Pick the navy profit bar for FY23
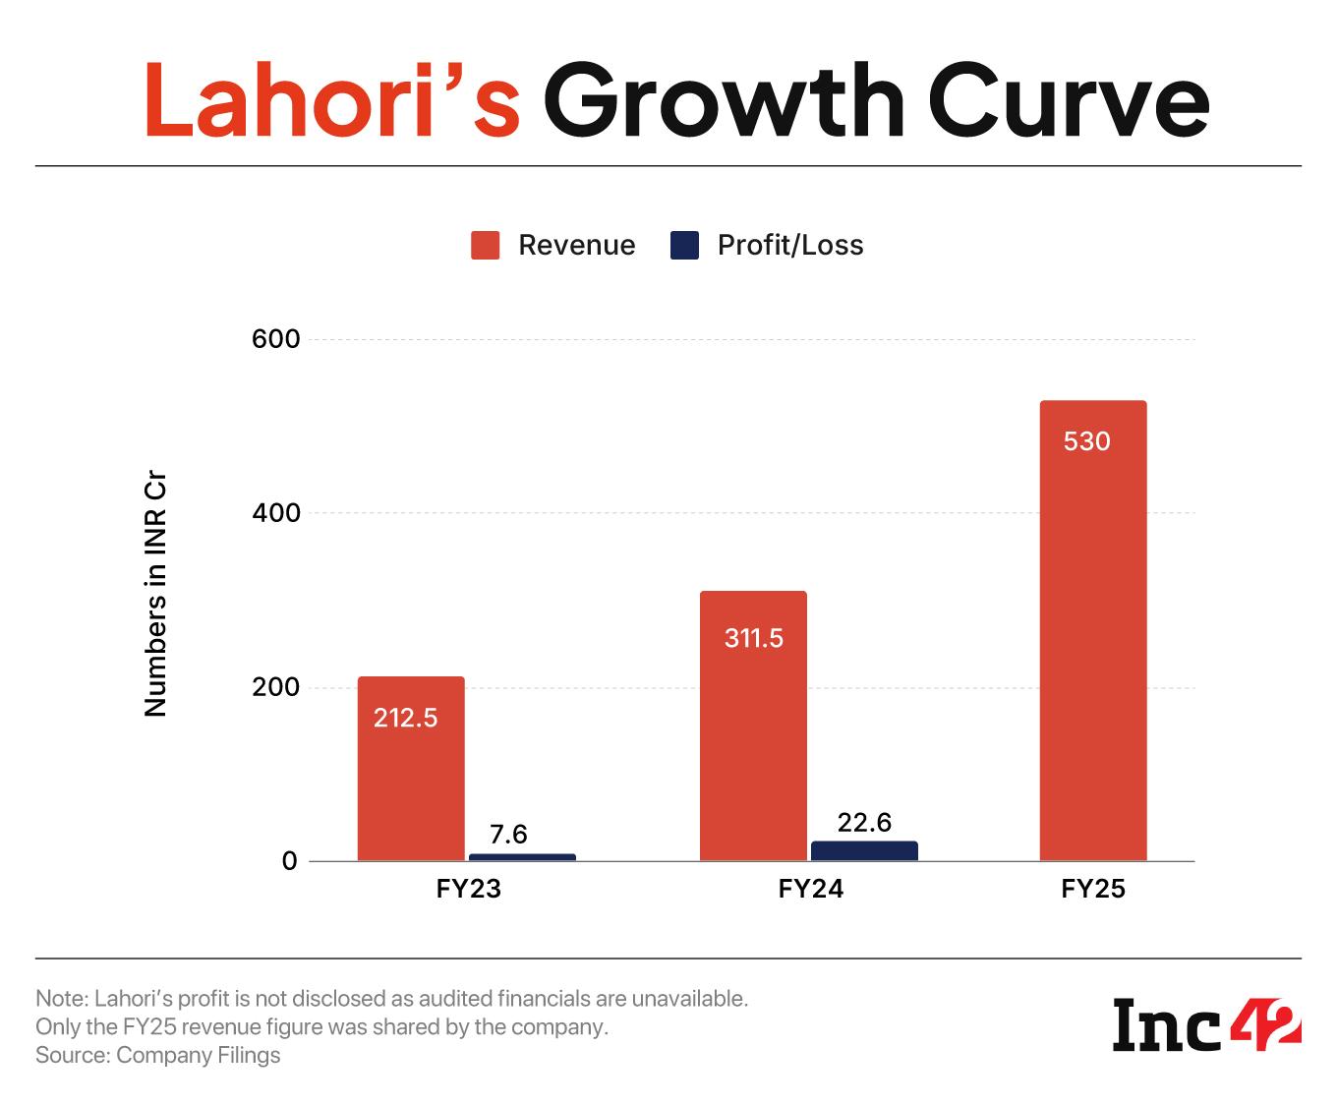[522, 857]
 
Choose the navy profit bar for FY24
[864, 850]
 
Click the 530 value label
[1086, 441]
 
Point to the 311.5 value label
[754, 638]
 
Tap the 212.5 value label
[405, 718]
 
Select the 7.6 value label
[508, 834]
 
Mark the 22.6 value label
[864, 822]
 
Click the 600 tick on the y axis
[275, 339]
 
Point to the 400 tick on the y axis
[275, 513]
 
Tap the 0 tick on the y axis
[288, 861]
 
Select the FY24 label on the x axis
[810, 889]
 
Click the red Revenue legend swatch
[486, 245]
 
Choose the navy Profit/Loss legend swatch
[684, 245]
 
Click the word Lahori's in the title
[331, 101]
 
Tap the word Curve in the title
[1068, 101]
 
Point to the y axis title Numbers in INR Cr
[156, 595]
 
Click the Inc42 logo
[1206, 1024]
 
